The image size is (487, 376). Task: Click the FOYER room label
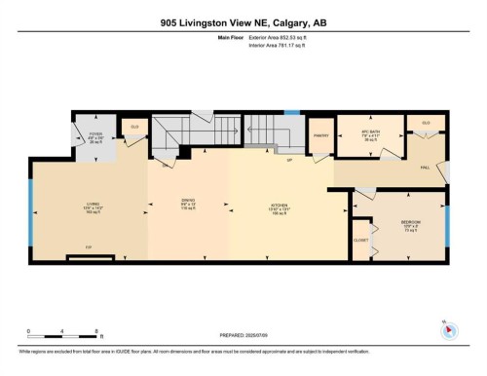96,134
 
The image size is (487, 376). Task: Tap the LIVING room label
93,204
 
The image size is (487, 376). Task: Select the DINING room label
189,205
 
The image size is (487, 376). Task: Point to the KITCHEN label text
281,205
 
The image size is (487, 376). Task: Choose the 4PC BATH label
370,132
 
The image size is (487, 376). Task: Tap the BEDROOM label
410,222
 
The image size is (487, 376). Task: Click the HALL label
425,168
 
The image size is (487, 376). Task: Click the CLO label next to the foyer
134,125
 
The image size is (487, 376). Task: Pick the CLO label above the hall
426,123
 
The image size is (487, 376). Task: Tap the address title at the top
243,23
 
